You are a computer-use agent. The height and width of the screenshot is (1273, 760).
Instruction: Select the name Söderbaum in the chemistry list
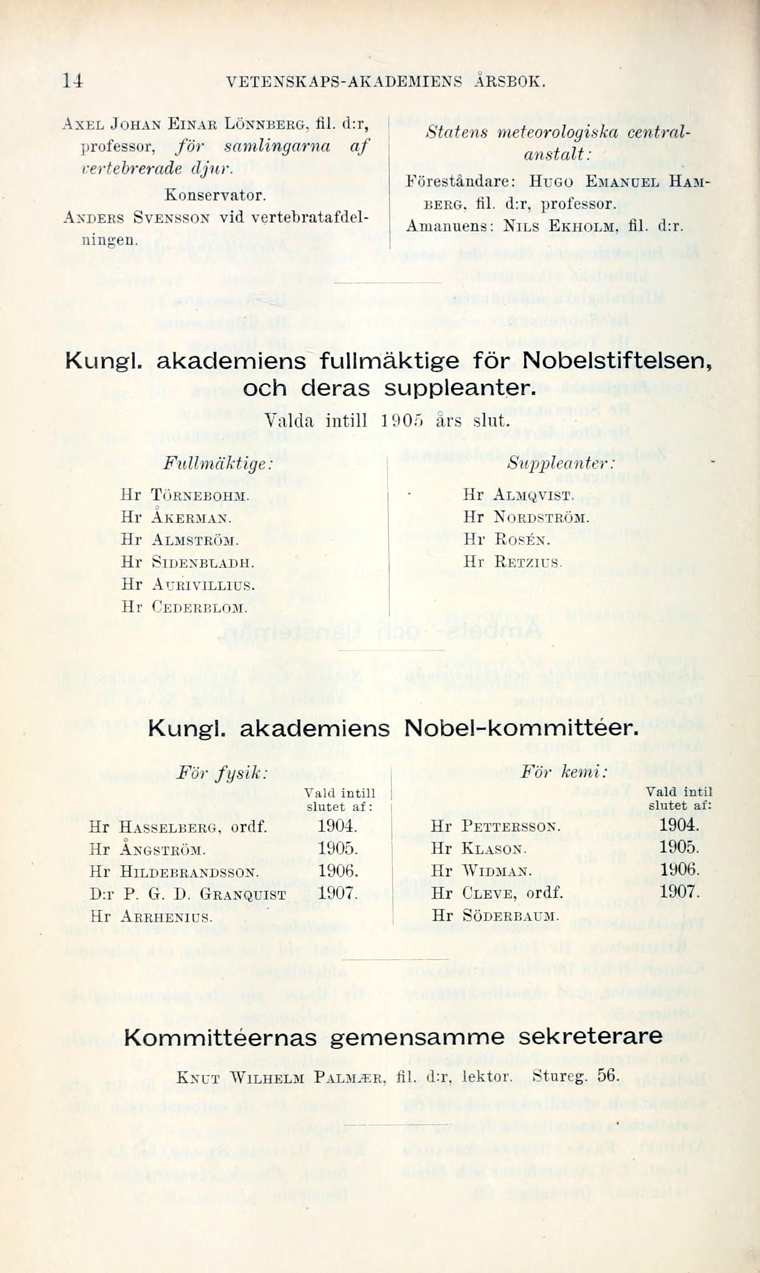(x=509, y=915)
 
